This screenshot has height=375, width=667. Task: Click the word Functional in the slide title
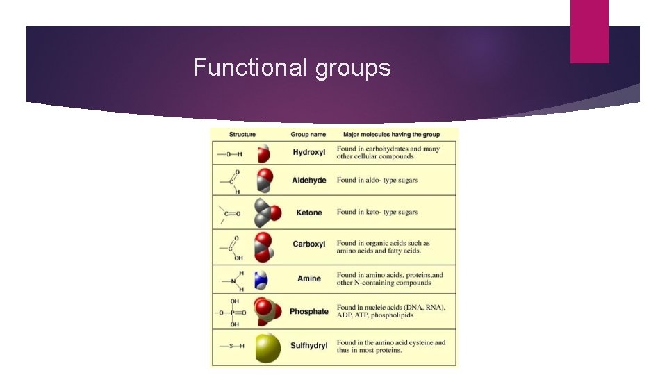pyautogui.click(x=249, y=67)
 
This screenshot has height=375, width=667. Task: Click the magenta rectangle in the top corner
pyautogui.click(x=589, y=31)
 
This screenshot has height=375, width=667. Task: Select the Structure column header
pyautogui.click(x=242, y=134)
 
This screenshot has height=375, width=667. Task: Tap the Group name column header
pyautogui.click(x=308, y=134)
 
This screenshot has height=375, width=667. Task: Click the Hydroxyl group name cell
pyautogui.click(x=308, y=152)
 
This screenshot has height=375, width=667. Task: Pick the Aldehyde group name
pyautogui.click(x=308, y=181)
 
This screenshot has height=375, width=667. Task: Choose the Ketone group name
pyautogui.click(x=308, y=212)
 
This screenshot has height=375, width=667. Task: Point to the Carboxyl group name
pyautogui.click(x=308, y=244)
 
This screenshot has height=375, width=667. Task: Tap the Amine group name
pyautogui.click(x=308, y=278)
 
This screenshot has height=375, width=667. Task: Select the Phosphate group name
pyautogui.click(x=308, y=311)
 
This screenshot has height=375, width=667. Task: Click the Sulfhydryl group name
pyautogui.click(x=308, y=346)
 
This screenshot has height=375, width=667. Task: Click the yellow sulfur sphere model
pyautogui.click(x=268, y=348)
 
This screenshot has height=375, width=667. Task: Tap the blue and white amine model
pyautogui.click(x=261, y=280)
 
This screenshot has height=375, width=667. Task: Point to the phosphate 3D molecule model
pyautogui.click(x=267, y=311)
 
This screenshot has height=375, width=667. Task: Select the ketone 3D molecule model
pyautogui.click(x=267, y=212)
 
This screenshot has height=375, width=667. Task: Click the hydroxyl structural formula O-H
pyautogui.click(x=230, y=154)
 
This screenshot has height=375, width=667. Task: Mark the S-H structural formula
pyautogui.click(x=232, y=346)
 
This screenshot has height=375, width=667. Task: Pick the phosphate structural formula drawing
pyautogui.click(x=231, y=313)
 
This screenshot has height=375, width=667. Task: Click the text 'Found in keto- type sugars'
pyautogui.click(x=377, y=212)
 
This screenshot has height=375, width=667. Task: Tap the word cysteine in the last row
pyautogui.click(x=420, y=342)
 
